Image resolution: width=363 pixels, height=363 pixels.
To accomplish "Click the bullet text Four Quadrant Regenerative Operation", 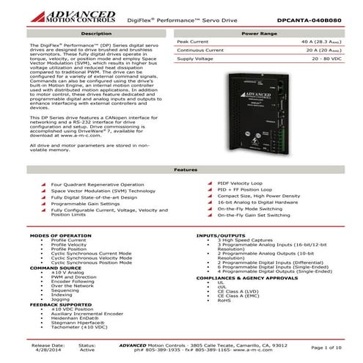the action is (x=98, y=184).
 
